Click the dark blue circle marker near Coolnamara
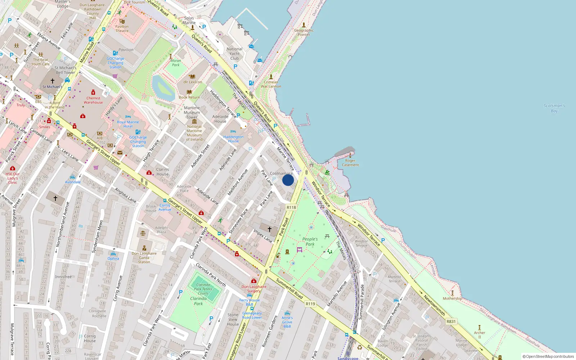288,180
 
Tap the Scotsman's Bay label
554,108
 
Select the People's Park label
310,242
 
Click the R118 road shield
291,207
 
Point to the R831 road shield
451,321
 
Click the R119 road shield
310,304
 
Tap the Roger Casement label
350,163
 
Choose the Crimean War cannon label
271,84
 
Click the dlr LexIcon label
193,82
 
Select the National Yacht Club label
234,54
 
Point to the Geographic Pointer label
304,32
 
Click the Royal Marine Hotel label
128,124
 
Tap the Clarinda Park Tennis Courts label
203,289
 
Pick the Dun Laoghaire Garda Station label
144,257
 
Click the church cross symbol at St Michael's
53,81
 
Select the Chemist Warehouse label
93,100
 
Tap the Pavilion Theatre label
122,28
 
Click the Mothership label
453,298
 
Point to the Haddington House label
233,139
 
